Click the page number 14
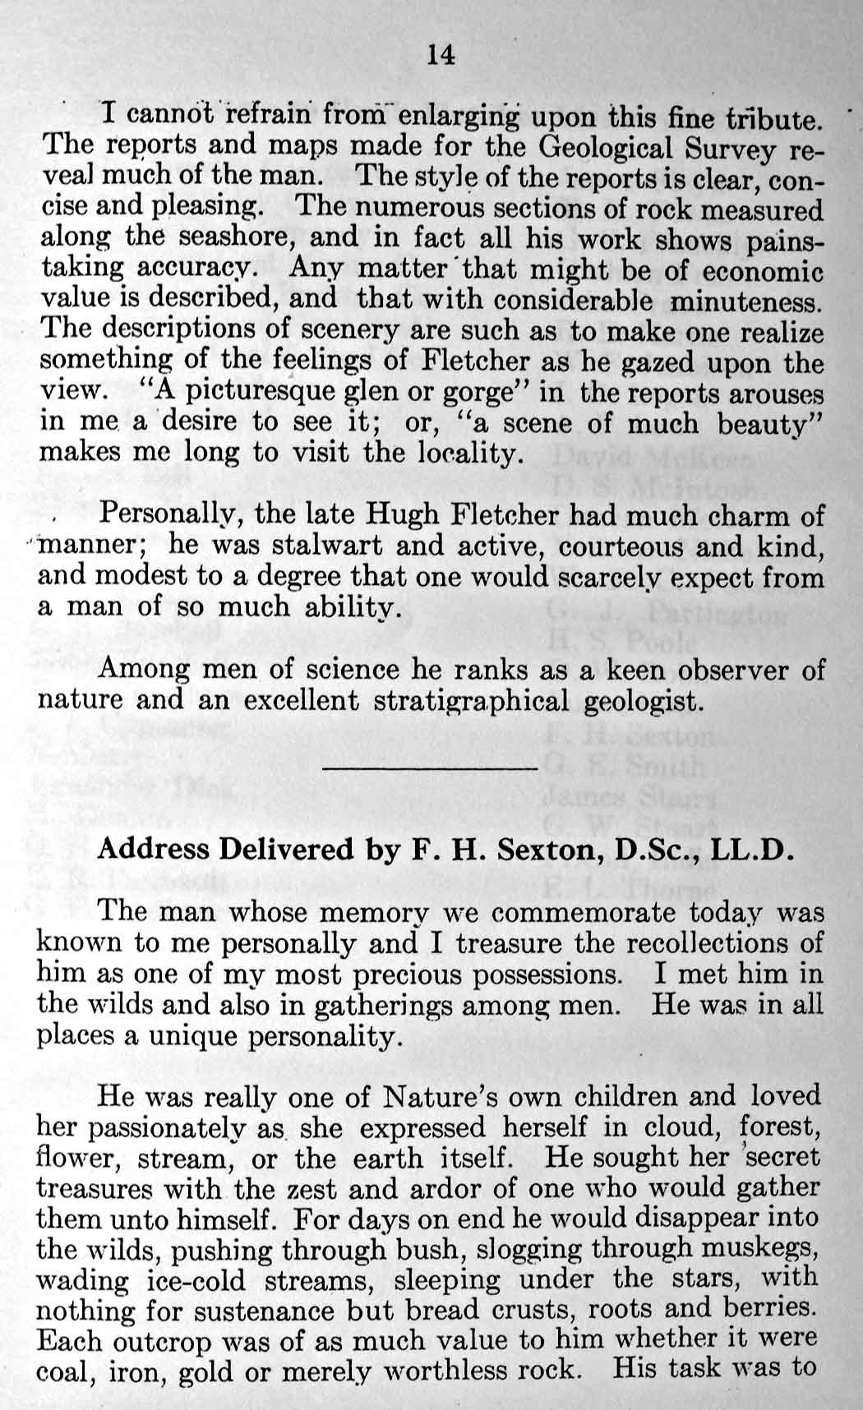440,55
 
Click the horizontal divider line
431,767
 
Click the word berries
771,1310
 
